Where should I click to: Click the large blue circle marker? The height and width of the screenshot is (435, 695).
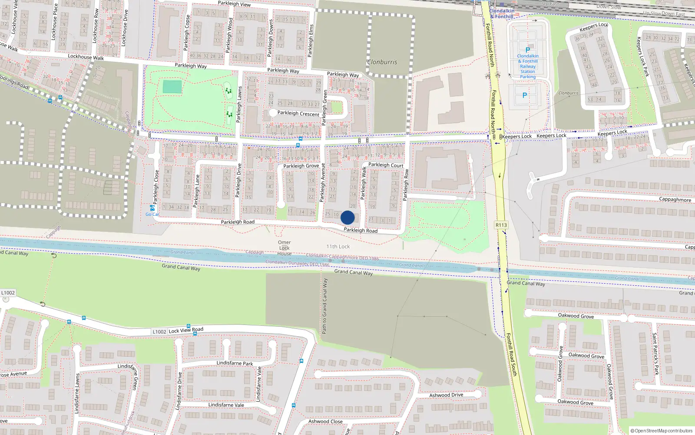coord(347,217)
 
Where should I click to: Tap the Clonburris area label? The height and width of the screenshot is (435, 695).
coord(382,62)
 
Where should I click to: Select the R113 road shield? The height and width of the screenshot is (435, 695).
coord(501,225)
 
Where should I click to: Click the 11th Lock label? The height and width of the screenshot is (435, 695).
coord(338,247)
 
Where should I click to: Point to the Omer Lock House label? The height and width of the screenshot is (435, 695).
coord(285,248)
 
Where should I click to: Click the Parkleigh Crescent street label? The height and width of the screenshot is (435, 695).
coord(298,113)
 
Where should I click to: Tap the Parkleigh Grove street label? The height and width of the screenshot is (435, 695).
coord(301,166)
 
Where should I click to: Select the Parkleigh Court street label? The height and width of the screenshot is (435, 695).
coord(386,165)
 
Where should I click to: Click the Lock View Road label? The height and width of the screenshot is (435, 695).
coord(186,330)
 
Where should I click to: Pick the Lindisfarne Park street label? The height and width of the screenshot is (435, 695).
coord(235,363)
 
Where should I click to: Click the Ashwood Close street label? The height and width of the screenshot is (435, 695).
coord(325,421)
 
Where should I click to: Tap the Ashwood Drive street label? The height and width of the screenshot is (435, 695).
coord(446,395)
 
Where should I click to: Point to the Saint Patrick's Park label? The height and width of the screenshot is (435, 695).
coord(655,354)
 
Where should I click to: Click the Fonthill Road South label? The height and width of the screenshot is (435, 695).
coord(512,355)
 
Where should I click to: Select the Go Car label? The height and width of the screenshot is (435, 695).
coord(152,214)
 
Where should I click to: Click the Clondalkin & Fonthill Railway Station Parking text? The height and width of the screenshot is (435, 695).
coord(528,66)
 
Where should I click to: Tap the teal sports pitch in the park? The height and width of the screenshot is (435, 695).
coord(172,87)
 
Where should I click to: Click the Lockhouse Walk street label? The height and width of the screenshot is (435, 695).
coord(86,57)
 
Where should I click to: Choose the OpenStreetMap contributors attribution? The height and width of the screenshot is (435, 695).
coord(662,431)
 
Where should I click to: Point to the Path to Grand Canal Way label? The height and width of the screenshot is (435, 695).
coord(324,306)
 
